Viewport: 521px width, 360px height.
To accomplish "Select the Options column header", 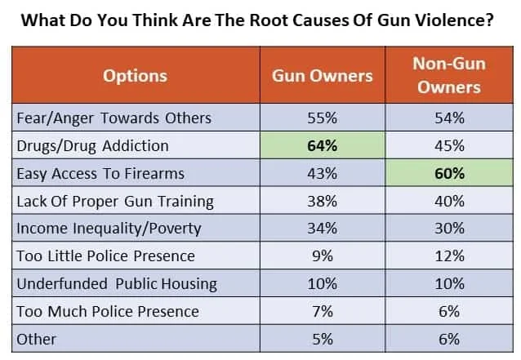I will coord(135,76).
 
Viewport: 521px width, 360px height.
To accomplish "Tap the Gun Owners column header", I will coord(322,76).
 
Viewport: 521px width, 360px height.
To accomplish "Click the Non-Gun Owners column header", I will coord(448,76).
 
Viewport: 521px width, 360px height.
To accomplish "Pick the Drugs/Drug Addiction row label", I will coord(92,145).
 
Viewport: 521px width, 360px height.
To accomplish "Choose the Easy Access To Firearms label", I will coord(100,173).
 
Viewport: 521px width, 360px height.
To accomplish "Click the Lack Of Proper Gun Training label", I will coord(115,201).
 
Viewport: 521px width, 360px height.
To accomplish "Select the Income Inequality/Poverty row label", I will coord(109,229).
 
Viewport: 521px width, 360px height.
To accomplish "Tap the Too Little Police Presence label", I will coord(106,256).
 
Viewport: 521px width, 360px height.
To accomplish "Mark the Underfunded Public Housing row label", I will coord(117,284).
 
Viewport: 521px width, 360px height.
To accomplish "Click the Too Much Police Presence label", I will coord(108,311).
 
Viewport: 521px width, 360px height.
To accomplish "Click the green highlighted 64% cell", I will coord(322,145).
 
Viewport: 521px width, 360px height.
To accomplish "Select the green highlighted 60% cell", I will coord(448,173).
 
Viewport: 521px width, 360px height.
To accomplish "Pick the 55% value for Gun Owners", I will coord(322,118).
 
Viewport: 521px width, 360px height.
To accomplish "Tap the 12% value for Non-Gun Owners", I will coord(448,256).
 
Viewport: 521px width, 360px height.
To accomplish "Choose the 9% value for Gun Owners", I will coord(322,256).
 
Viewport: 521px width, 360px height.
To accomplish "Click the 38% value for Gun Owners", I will coord(322,201).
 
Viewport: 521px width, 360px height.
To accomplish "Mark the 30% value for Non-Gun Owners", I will coord(448,229).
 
